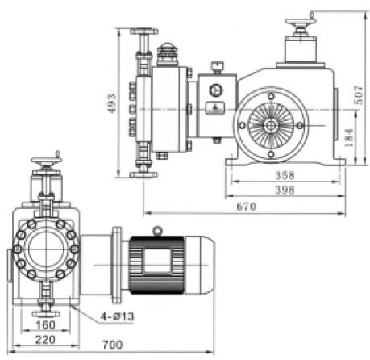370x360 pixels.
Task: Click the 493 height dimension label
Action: [112, 103]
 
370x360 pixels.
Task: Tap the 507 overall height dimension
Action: [358, 95]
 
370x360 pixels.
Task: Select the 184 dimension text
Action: [348, 137]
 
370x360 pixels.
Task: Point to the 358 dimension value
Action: [285, 175]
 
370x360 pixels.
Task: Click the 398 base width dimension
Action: [285, 190]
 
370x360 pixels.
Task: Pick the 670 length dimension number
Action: [246, 207]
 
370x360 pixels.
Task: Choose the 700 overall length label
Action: [113, 345]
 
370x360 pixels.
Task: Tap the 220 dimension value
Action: [45, 340]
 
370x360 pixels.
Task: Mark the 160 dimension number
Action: [45, 324]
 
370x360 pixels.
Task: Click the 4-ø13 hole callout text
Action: [117, 316]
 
